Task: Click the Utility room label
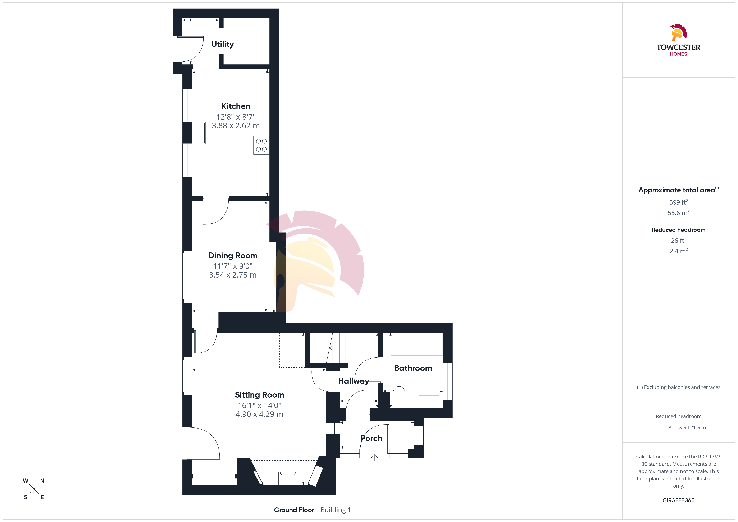[x=222, y=44]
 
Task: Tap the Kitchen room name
[x=236, y=106]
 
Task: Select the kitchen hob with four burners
[x=261, y=145]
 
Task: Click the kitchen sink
[x=199, y=133]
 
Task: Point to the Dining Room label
[x=233, y=256]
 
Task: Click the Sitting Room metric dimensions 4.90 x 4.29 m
[x=259, y=414]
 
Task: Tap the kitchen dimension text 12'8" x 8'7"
[x=236, y=117]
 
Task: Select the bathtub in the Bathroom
[x=416, y=344]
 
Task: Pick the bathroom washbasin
[x=429, y=402]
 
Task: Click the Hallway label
[x=354, y=381]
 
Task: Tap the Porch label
[x=372, y=438]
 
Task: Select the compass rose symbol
[x=34, y=489]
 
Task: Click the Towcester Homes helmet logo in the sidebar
[x=679, y=32]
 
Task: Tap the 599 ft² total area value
[x=679, y=202]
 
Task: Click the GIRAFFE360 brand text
[x=679, y=500]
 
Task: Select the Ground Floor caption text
[x=294, y=510]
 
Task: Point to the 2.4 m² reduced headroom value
[x=679, y=251]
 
